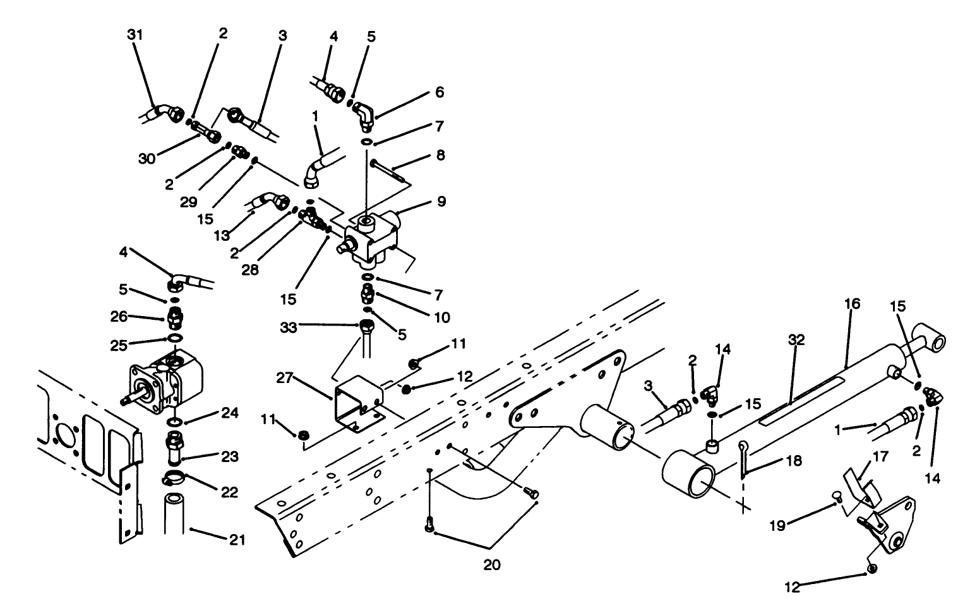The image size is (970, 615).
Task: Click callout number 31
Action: [x=135, y=35]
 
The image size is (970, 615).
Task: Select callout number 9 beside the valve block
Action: [x=441, y=202]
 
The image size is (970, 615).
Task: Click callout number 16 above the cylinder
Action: [x=852, y=304]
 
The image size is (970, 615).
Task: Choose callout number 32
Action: [x=796, y=339]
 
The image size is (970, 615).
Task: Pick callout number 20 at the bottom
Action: [x=491, y=565]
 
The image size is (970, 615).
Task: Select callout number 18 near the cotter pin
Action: [x=794, y=461]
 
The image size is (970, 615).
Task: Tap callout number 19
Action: [x=777, y=525]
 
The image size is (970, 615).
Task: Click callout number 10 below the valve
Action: [x=442, y=317]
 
